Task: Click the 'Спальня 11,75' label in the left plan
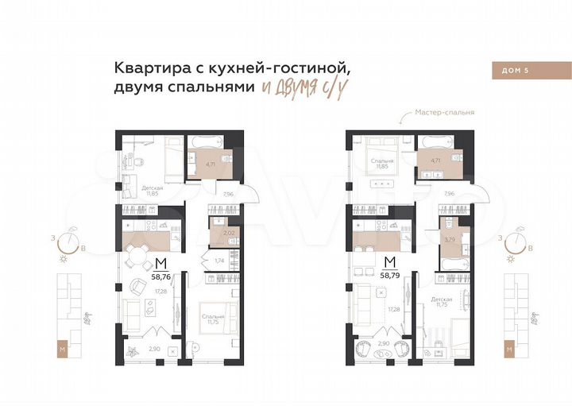click(x=213, y=319)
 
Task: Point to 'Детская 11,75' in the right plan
click(x=443, y=303)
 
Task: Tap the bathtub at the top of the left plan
click(x=209, y=142)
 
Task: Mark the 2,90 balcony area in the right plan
click(x=383, y=343)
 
